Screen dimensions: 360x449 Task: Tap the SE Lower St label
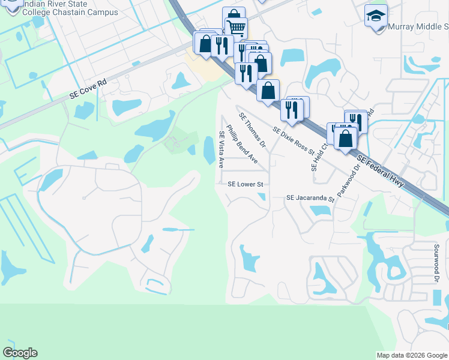[246, 184]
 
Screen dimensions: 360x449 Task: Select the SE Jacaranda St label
[310, 197]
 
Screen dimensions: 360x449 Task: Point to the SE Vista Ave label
[221, 149]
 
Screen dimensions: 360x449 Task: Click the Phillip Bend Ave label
[242, 145]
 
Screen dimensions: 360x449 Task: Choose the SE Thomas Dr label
[252, 130]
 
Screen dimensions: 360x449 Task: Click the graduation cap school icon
[376, 15]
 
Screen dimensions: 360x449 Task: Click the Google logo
[20, 353]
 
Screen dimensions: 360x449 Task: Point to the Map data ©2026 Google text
[412, 355]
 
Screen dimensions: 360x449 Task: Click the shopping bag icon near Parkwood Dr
[346, 138]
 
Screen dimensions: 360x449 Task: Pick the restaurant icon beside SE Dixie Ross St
[290, 109]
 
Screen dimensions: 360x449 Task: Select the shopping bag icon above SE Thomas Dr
[268, 90]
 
